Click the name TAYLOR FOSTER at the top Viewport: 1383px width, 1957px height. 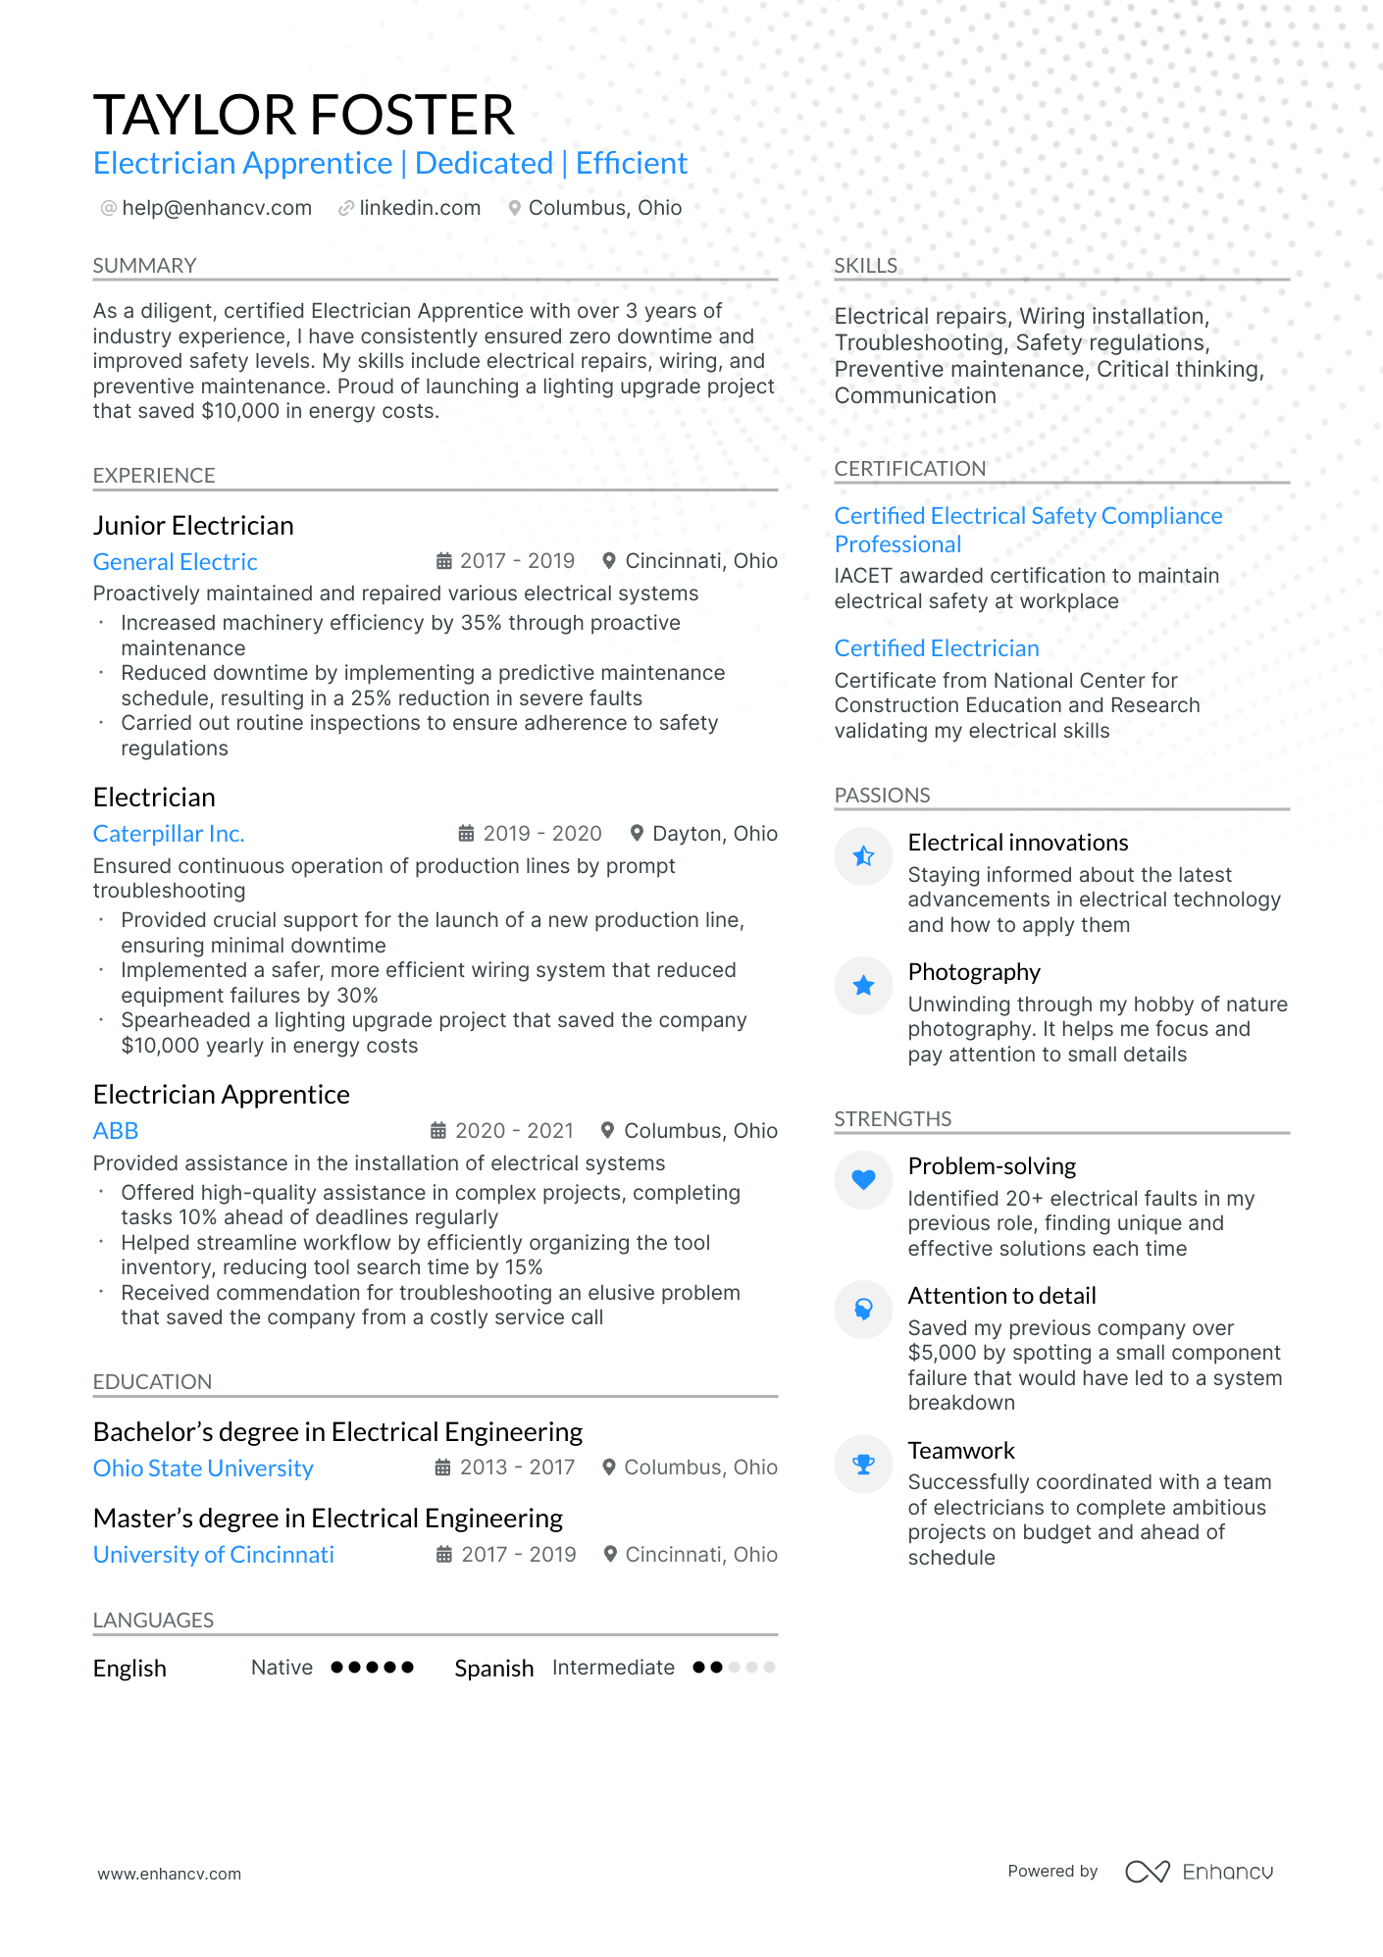pos(303,115)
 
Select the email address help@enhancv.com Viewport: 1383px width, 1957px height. pos(217,208)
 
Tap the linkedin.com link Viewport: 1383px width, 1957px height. pos(420,208)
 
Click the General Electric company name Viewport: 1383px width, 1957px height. pos(175,562)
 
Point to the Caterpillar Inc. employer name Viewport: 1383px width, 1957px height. pos(169,834)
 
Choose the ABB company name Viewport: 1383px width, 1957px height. pos(116,1131)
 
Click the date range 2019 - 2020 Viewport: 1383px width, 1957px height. pos(542,834)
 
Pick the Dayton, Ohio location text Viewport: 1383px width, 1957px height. pos(715,834)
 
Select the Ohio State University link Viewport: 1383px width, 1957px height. pos(203,1468)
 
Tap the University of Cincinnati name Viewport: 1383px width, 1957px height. pos(213,1555)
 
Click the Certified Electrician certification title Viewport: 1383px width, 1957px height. pos(937,648)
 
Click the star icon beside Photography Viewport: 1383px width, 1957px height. pos(863,985)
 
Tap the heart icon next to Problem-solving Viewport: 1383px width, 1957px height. pos(863,1179)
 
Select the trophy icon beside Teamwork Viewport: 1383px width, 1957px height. pos(863,1464)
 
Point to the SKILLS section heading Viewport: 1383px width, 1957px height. pos(865,266)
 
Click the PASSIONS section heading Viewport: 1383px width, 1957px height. pos(882,796)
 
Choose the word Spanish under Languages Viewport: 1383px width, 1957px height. pos(494,1669)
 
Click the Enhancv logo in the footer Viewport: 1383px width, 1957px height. pos(1199,1872)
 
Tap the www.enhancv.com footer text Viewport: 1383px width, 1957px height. pos(169,1874)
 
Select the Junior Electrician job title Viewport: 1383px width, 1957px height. pos(193,526)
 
